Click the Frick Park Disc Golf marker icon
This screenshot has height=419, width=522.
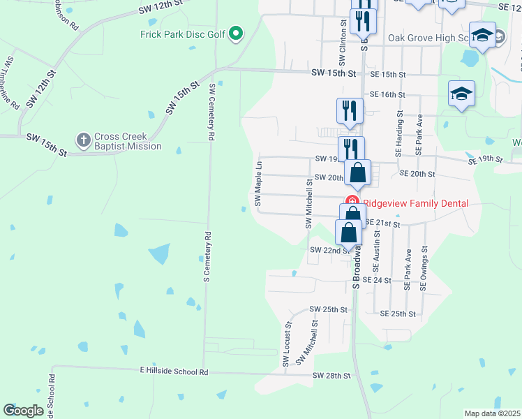(236, 33)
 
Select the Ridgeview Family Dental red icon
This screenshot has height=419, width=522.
(353, 203)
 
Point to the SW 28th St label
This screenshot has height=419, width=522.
(331, 376)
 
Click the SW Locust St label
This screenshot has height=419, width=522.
(287, 344)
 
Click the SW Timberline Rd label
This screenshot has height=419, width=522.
(12, 82)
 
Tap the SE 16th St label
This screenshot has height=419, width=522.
(388, 94)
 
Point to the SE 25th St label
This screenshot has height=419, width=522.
(398, 314)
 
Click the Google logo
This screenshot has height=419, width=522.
(23, 411)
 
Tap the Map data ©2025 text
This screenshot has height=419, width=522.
(492, 413)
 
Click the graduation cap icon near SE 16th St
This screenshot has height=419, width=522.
(461, 93)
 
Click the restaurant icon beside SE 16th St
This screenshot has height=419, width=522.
(350, 110)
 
